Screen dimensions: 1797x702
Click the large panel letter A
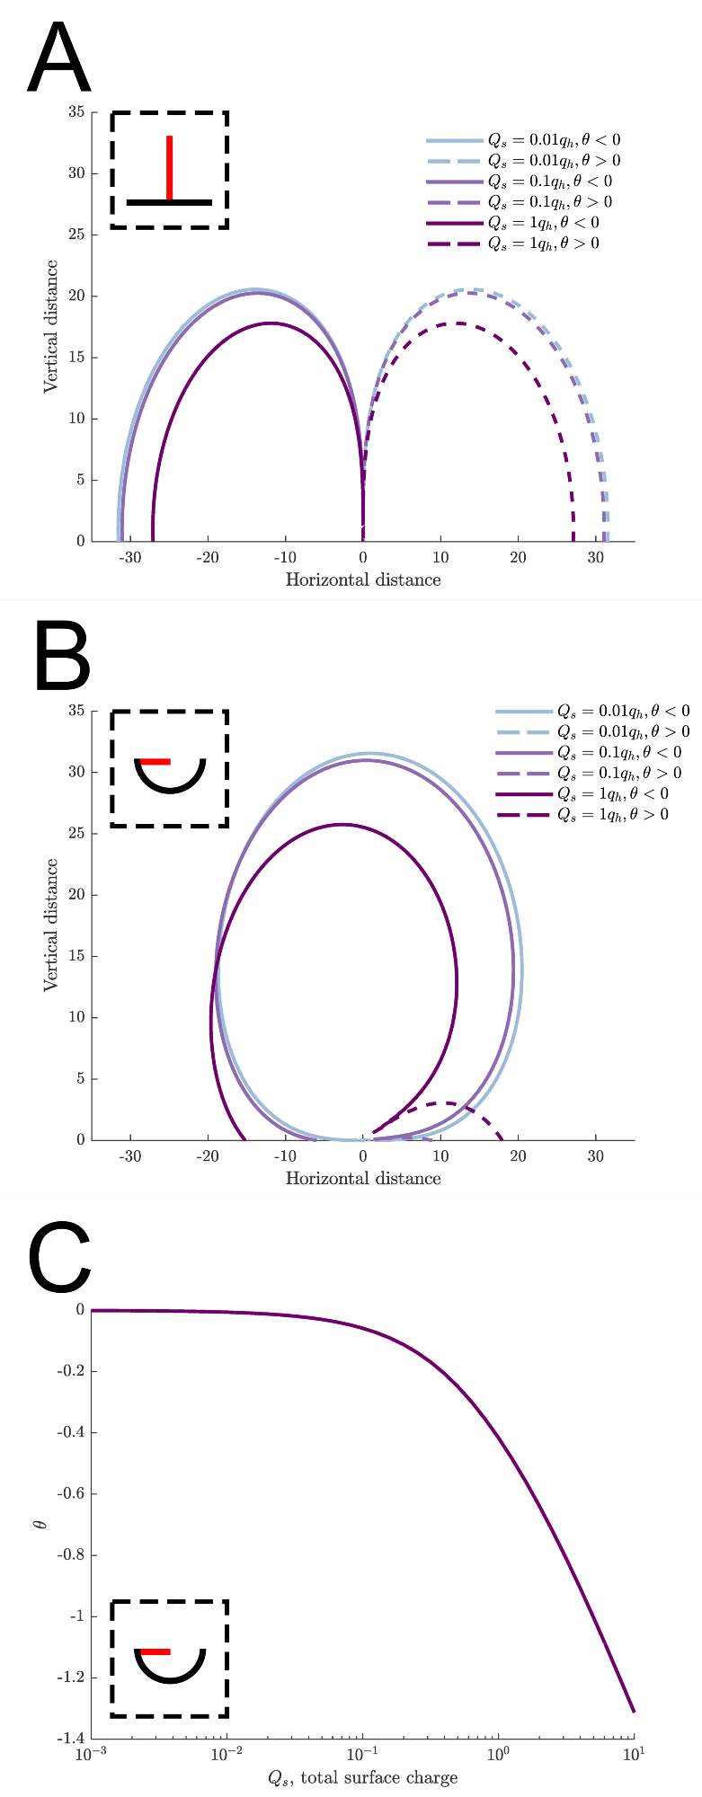click(59, 60)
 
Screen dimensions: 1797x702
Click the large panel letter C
click(60, 1258)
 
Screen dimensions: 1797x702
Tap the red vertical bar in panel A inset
click(169, 167)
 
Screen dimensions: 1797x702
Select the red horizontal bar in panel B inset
click(155, 762)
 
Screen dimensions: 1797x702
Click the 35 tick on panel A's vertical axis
click(76, 112)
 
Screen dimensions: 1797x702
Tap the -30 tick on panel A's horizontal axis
click(130, 558)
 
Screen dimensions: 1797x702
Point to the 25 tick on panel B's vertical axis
click(76, 834)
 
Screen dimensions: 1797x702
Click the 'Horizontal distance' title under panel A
click(363, 580)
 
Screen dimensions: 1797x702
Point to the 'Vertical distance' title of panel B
click(52, 925)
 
